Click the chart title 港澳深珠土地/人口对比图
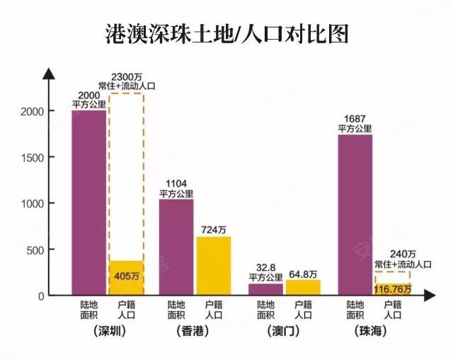click(x=226, y=33)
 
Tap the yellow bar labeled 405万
click(x=126, y=277)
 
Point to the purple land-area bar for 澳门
click(x=265, y=289)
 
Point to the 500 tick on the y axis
click(x=36, y=250)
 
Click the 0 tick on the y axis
click(x=41, y=296)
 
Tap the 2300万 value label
click(x=127, y=76)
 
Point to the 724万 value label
click(x=214, y=229)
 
